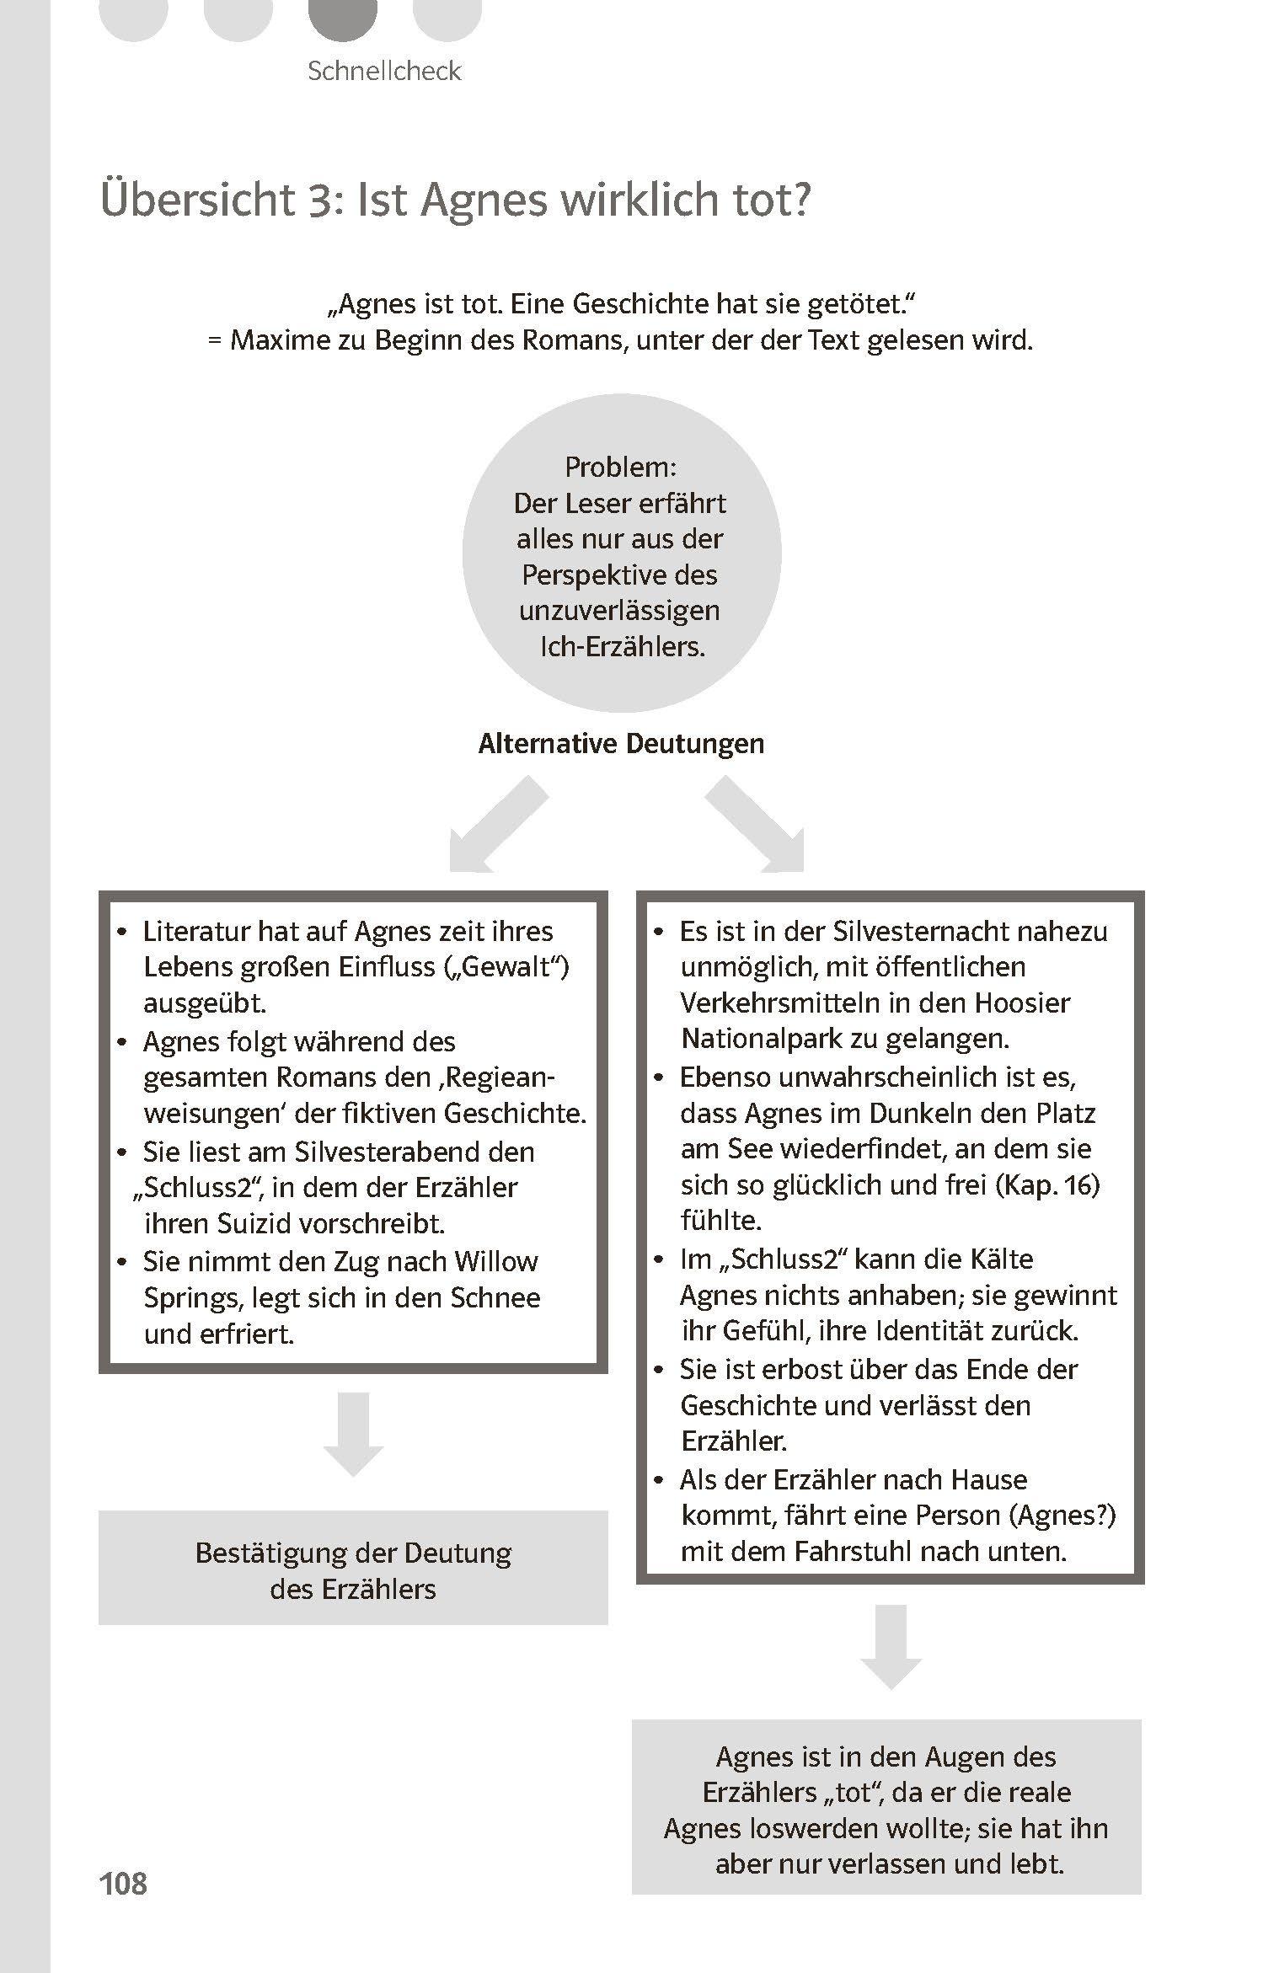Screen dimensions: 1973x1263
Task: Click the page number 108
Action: [123, 1883]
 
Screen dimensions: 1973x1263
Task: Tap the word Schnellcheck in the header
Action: [384, 71]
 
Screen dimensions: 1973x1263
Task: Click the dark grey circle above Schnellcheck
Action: [343, 15]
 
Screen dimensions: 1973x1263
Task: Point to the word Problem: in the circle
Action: [620, 467]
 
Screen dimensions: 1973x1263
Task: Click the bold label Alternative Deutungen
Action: [621, 744]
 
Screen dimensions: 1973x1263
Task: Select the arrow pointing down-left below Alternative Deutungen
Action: [493, 828]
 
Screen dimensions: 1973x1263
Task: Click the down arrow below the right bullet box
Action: [891, 1644]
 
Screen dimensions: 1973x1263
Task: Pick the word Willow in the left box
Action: [496, 1261]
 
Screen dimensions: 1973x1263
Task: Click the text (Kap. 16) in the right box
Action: [1047, 1184]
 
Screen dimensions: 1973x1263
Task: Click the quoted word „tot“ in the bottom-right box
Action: [851, 1793]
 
